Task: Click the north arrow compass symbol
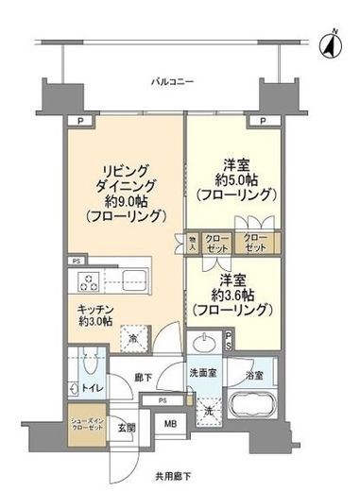coord(334,41)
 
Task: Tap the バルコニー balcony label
coord(173,82)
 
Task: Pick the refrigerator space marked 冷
coord(135,337)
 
